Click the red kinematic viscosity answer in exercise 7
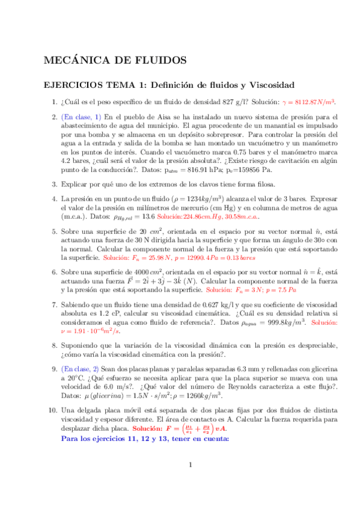87,331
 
